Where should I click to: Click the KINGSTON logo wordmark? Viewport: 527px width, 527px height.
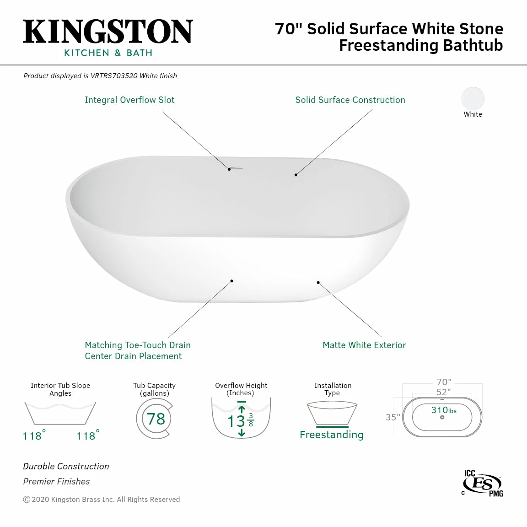108,32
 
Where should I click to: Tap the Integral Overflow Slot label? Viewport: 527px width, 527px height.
129,100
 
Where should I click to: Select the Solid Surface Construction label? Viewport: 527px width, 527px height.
350,100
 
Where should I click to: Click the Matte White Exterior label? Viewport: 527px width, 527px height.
364,345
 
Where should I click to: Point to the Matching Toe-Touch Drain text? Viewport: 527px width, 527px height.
138,345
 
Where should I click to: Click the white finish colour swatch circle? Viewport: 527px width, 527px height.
473,98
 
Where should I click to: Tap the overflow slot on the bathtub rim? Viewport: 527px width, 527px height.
237,168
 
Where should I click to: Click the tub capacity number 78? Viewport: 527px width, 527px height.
156,419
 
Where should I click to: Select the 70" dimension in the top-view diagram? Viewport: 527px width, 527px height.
444,382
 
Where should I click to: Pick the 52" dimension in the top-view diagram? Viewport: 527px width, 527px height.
443,392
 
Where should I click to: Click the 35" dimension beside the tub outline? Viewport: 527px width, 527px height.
393,417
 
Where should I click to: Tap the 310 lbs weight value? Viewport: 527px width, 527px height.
444,410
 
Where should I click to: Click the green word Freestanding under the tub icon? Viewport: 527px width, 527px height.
332,435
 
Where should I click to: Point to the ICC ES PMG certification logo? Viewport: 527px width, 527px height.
482,483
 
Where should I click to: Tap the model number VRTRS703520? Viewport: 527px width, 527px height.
114,76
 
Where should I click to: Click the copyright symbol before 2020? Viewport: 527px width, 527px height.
27,500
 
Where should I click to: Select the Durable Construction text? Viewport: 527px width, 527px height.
66,467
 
